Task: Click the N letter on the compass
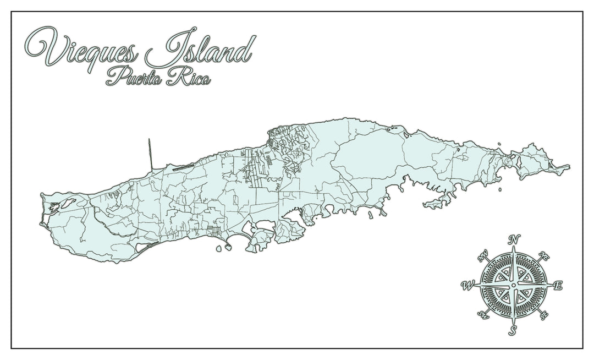514,239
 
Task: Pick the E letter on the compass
558,285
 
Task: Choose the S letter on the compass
513,330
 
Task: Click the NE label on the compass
544,255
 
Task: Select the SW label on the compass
483,315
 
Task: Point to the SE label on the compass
544,315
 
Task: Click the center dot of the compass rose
514,285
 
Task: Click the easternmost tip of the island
569,166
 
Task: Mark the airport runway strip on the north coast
182,167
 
